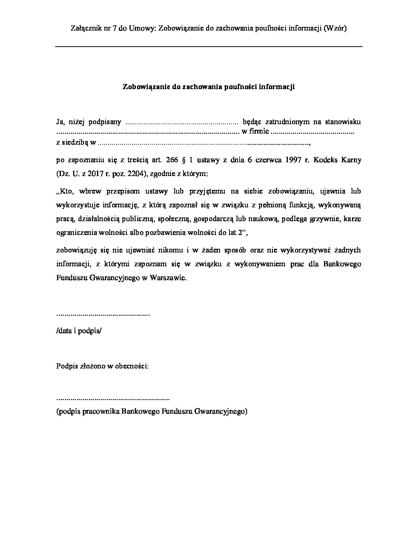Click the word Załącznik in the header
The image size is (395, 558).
pos(84,29)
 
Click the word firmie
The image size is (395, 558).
pos(260,132)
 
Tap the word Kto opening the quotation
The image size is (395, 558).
pos(63,191)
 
